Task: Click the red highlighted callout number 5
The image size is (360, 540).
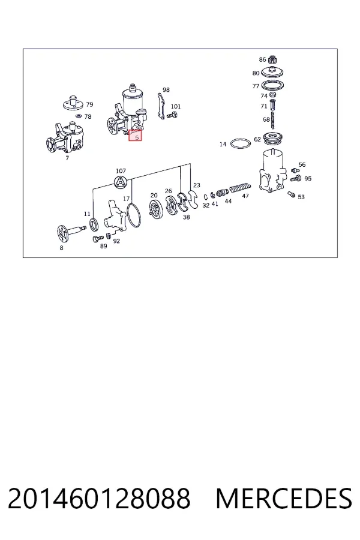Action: coord(136,137)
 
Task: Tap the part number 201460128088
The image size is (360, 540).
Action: coord(99,499)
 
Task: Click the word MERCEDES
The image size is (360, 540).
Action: coord(284,499)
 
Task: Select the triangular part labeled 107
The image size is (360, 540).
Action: coord(121,182)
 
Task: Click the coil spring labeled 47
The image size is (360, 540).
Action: coord(240,188)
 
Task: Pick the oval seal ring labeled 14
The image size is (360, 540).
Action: coord(241,143)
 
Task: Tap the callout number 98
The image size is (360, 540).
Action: coord(166,90)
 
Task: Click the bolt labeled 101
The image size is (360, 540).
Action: coord(172,115)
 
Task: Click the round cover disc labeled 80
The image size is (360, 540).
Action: coord(272,72)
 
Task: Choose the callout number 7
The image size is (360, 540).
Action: coord(67,158)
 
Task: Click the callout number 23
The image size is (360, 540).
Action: coord(197,185)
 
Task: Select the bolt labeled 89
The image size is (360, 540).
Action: coord(98,238)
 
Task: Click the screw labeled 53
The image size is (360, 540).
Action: coord(292,194)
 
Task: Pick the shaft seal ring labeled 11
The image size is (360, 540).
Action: coord(94,224)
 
